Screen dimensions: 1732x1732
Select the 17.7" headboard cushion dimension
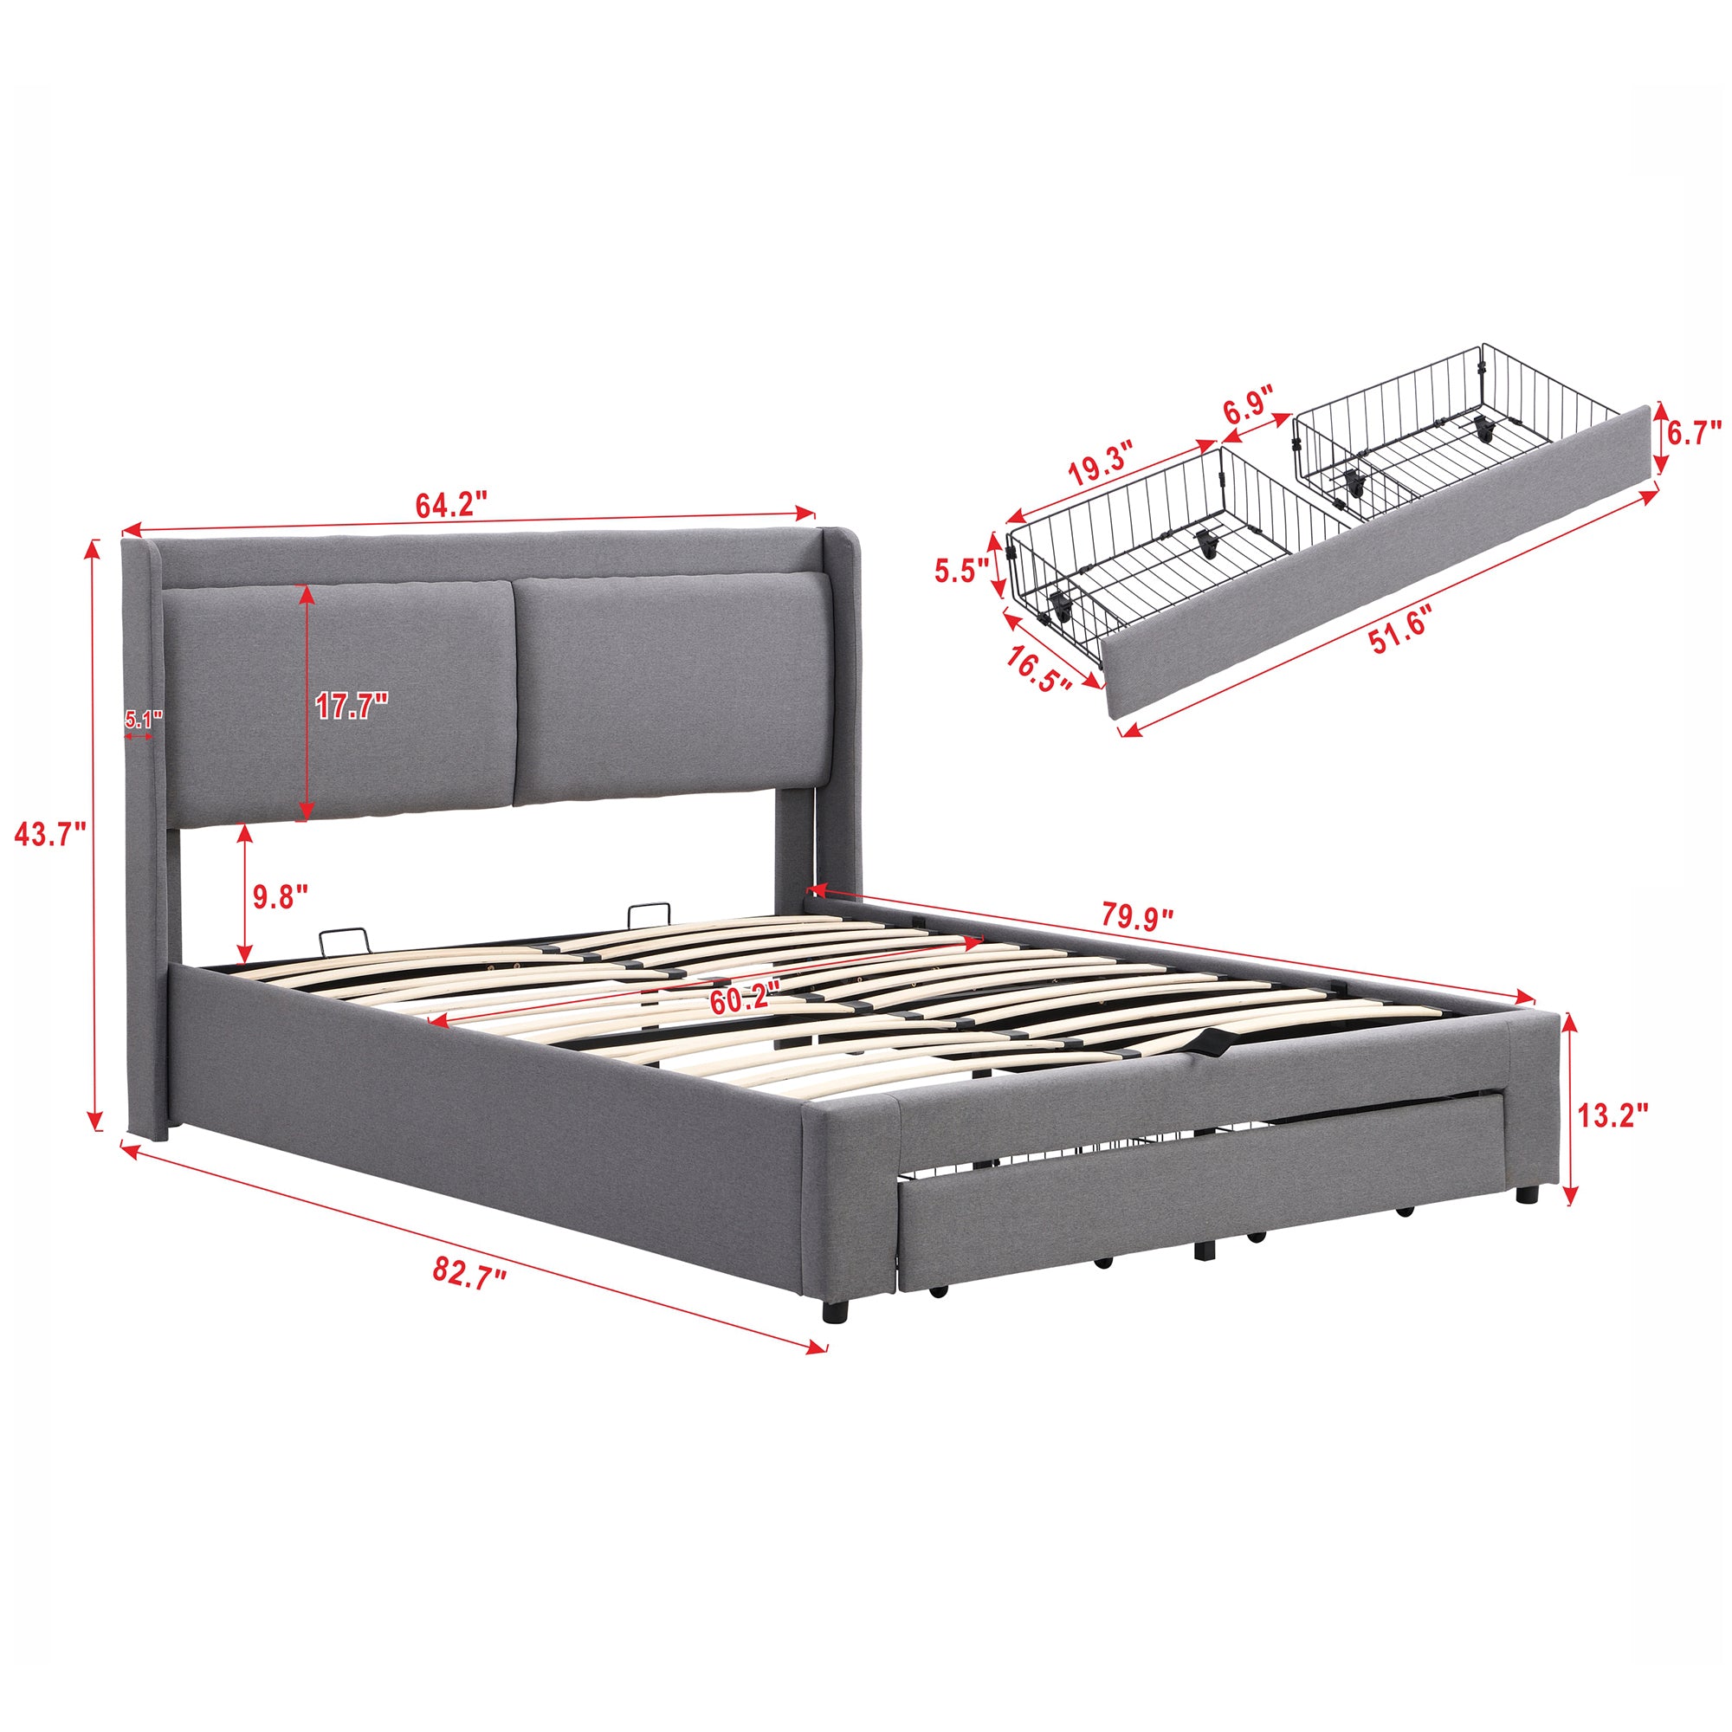tap(352, 708)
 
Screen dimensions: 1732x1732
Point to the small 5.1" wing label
tap(142, 718)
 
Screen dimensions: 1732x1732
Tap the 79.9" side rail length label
tap(1138, 919)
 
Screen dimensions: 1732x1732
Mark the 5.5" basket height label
tap(960, 570)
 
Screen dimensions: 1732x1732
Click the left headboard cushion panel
tap(336, 699)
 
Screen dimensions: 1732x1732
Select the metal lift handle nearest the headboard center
tap(645, 915)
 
